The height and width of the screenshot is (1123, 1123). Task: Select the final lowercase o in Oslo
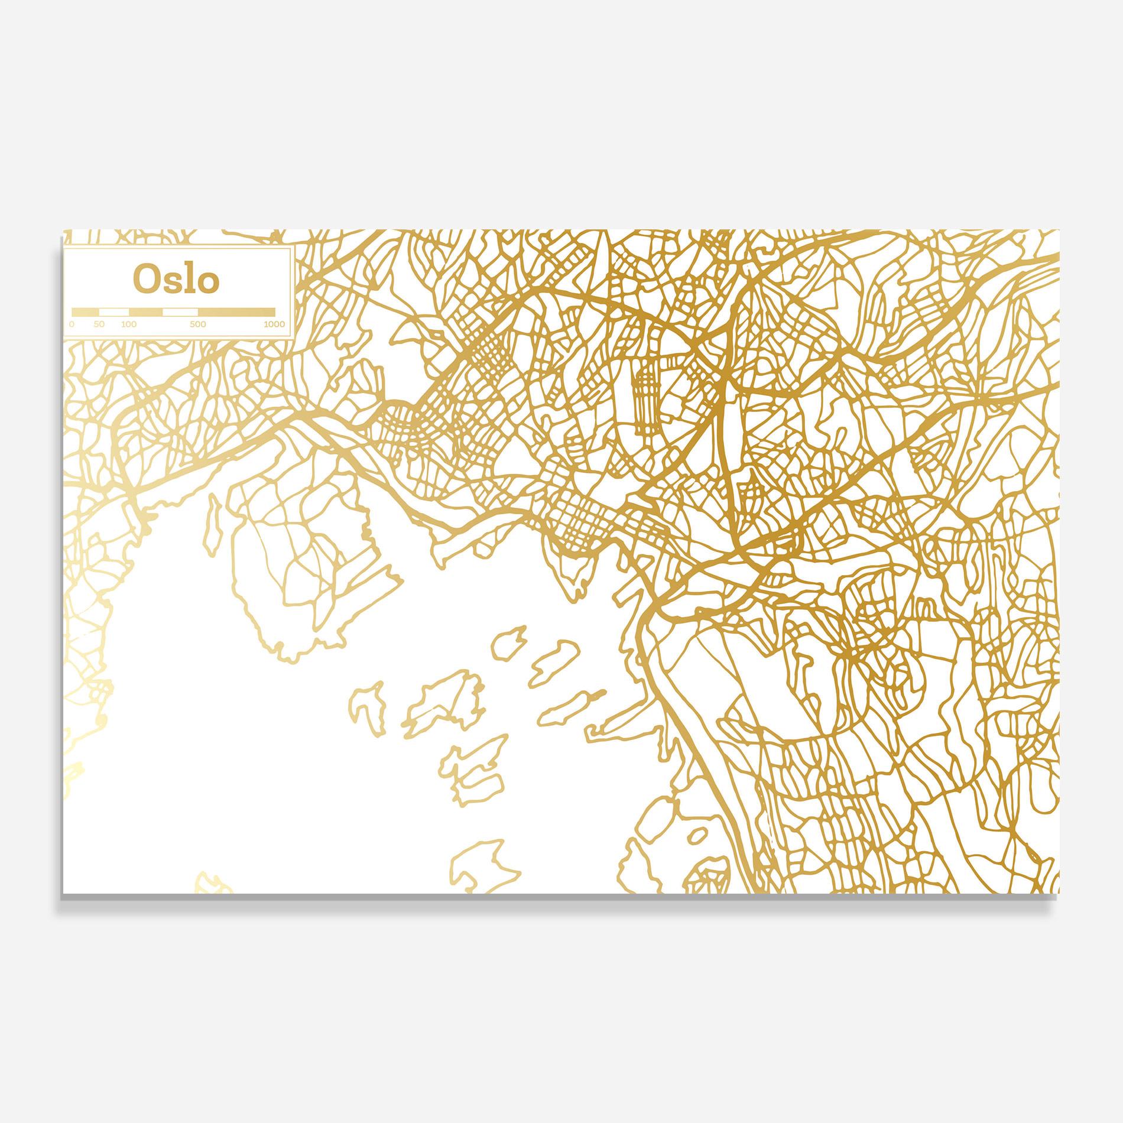point(208,282)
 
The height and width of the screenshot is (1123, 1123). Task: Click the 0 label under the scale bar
point(72,324)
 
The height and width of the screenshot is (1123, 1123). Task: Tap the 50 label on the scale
point(99,324)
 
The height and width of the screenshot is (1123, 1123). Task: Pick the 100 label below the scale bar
point(128,324)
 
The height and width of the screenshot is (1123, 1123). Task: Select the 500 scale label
point(198,324)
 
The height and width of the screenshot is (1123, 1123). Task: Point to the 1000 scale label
point(274,324)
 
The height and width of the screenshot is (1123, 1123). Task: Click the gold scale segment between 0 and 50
point(85,311)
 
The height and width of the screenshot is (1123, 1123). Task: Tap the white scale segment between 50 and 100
point(114,311)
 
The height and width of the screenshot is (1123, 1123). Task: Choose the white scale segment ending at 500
point(180,311)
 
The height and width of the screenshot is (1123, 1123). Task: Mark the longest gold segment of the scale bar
point(236,311)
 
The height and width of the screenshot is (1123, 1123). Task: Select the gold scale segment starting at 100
point(145,311)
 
